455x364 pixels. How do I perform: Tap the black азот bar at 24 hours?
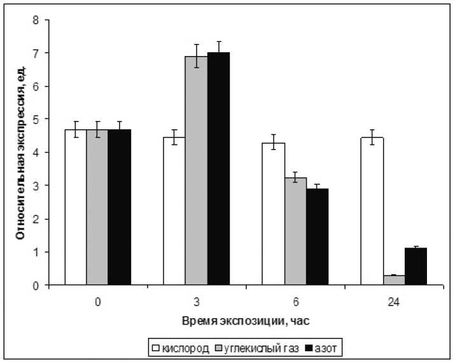(416, 267)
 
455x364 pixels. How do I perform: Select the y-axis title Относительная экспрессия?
(20, 153)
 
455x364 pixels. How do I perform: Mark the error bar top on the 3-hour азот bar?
(218, 41)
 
